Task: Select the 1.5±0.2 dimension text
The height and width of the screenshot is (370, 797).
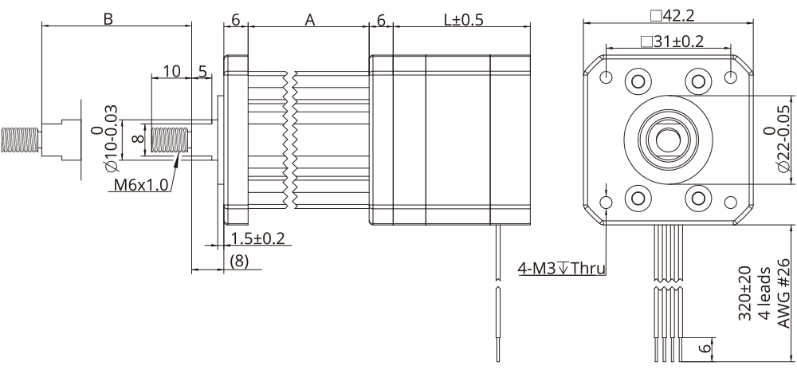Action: tap(257, 238)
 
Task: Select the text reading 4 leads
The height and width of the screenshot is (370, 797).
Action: tap(764, 293)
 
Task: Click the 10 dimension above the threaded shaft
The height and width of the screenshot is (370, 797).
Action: tap(171, 71)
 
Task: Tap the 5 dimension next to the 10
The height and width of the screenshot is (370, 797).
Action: tap(202, 71)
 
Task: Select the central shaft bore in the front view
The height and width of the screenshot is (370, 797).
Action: tap(667, 138)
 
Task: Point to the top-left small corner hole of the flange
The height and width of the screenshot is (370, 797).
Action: tap(607, 77)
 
